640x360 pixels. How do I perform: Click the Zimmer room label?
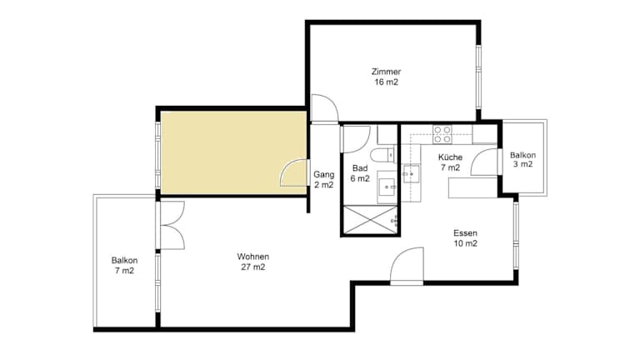coord(386,72)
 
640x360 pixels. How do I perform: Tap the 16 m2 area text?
coord(386,82)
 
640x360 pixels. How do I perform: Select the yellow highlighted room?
coord(233,152)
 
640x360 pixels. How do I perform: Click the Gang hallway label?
coord(323,175)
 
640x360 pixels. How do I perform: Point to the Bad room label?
coord(360,168)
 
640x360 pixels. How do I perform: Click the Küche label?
coord(450,157)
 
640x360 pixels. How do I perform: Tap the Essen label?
coord(465,233)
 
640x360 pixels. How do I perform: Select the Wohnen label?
coord(253,257)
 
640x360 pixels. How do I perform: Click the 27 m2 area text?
coord(253,267)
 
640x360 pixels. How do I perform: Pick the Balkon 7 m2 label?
coord(124,265)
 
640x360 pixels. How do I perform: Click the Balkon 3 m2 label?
coord(522,160)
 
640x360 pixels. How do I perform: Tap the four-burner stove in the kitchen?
coord(442,135)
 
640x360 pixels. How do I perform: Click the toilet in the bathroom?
coord(382,156)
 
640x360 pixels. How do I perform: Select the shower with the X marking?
coord(370,220)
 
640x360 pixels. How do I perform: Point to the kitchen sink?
coord(411,173)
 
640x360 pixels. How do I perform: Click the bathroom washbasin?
coord(386,187)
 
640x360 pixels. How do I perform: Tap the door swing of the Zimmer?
coord(325,108)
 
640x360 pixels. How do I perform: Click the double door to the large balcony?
coord(172,225)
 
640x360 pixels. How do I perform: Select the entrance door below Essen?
coord(407,265)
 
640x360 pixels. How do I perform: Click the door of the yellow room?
coord(293,172)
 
